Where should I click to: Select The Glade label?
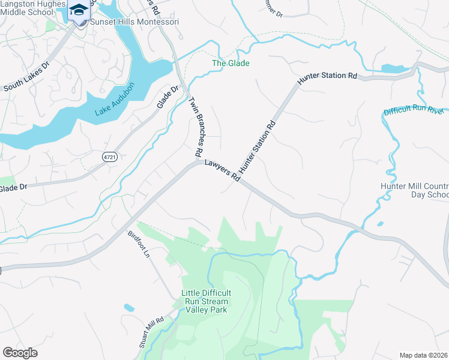[231, 63]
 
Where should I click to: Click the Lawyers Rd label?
[222, 170]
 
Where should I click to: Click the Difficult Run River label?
[414, 112]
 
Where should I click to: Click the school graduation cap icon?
[78, 10]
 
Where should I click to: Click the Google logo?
[20, 353]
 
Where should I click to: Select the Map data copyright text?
[423, 355]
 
